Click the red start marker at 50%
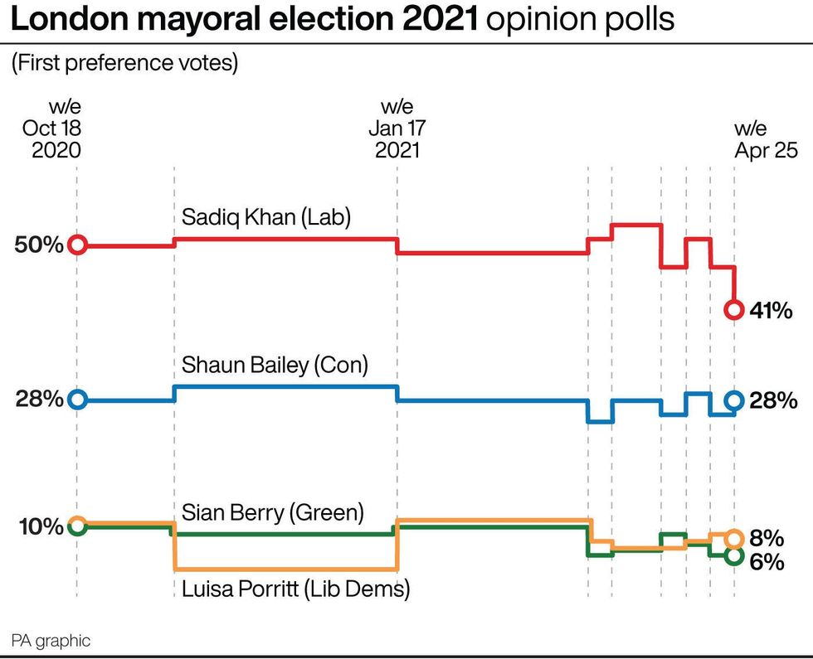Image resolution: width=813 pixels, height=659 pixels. (x=77, y=245)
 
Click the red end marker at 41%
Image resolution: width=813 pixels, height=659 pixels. (x=733, y=310)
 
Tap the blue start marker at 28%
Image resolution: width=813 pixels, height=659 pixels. (x=77, y=400)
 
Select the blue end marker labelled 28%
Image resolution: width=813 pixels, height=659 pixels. (x=733, y=400)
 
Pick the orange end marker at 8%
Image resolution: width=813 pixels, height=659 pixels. (x=733, y=538)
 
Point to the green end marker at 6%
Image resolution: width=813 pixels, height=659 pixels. (x=733, y=556)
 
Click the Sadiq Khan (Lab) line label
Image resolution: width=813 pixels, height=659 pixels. (x=266, y=218)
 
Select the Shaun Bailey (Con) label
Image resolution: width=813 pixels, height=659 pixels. (x=274, y=366)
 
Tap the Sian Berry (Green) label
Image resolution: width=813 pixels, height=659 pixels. (x=272, y=512)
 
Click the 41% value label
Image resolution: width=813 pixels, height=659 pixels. (x=771, y=312)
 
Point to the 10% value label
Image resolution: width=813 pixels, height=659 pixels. (x=39, y=527)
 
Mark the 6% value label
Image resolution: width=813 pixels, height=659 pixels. (x=767, y=561)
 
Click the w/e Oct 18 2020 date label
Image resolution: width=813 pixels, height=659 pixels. (x=52, y=128)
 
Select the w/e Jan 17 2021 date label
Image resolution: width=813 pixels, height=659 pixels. (x=397, y=128)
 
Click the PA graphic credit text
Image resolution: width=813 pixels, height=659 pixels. (x=51, y=640)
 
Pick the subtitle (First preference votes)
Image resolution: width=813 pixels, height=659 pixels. (x=124, y=63)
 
